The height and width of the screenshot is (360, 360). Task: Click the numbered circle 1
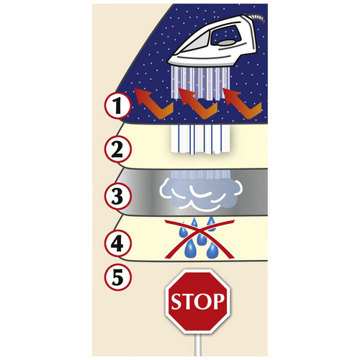click(x=117, y=105)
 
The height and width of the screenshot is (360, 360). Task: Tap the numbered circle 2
click(x=117, y=149)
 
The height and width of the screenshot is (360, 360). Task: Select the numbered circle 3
click(x=117, y=196)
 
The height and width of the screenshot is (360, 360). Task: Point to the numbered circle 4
click(x=117, y=243)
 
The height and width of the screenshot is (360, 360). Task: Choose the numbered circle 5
click(x=117, y=277)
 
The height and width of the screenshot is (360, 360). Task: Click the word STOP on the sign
click(x=198, y=302)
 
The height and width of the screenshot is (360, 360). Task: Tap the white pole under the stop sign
click(x=198, y=345)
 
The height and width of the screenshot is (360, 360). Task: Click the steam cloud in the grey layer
click(x=201, y=193)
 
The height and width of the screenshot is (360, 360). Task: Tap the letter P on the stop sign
click(x=219, y=301)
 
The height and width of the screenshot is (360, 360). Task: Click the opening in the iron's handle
click(x=225, y=35)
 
